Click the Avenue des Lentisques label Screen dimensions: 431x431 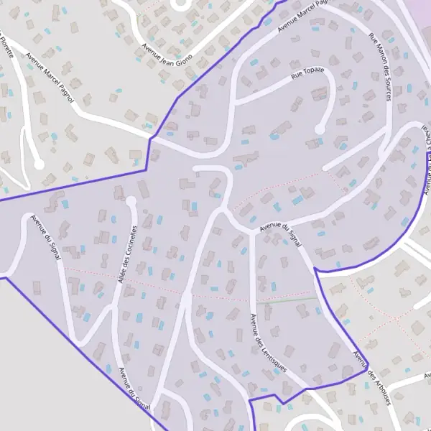click(267, 343)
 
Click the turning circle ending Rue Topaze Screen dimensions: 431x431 click(321, 129)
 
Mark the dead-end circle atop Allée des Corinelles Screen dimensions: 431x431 click(131, 201)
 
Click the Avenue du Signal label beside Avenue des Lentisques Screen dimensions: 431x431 click(281, 235)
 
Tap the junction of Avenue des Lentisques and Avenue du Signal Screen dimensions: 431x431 click(253, 231)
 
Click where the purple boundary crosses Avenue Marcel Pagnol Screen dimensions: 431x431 click(149, 138)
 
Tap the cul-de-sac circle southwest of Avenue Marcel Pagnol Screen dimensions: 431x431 click(39, 164)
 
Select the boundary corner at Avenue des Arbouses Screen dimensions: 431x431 click(365, 372)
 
